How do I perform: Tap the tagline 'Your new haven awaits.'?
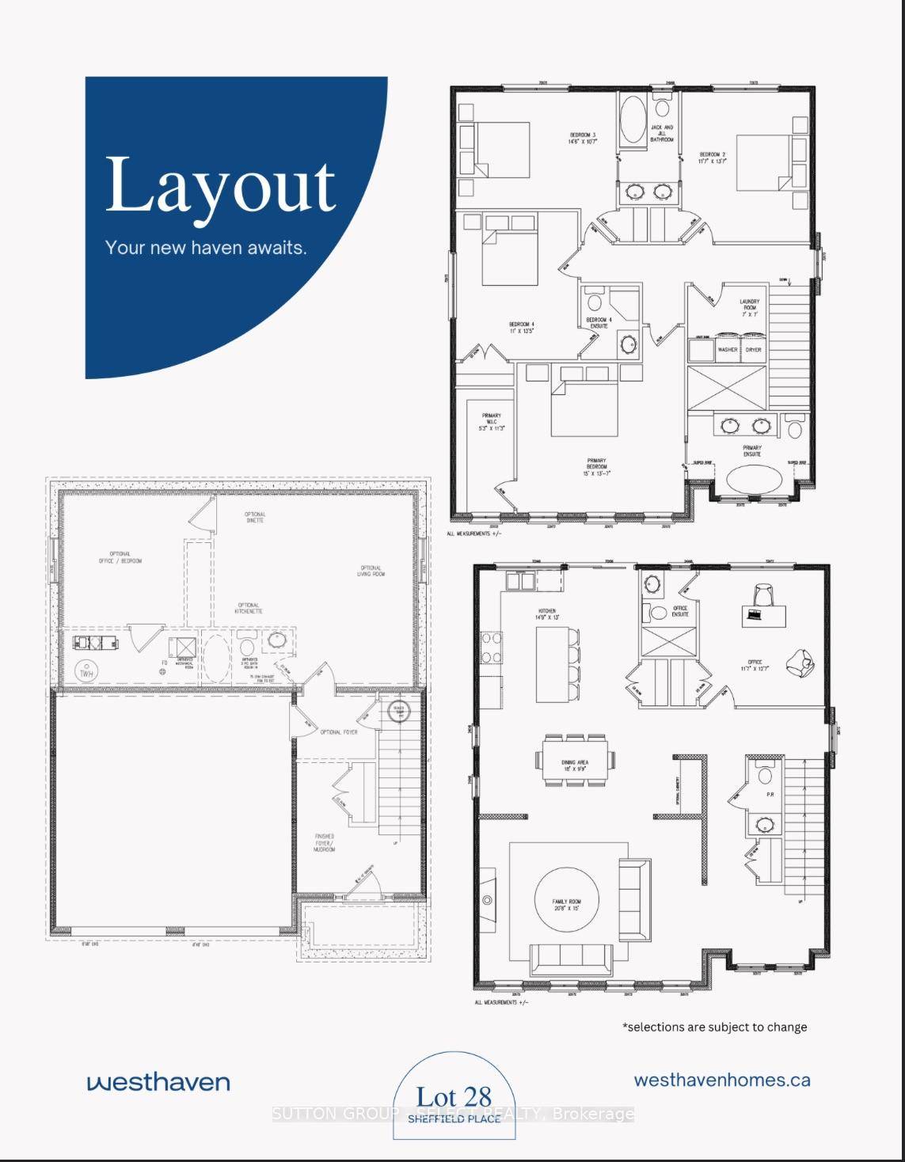click(x=206, y=248)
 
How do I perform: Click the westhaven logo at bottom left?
click(x=158, y=1082)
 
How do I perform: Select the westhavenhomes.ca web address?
click(x=722, y=1080)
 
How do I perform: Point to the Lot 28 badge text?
click(x=454, y=1097)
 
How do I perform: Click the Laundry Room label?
click(x=749, y=308)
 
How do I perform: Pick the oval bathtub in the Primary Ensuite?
click(x=753, y=479)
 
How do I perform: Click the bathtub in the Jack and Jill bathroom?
click(x=632, y=120)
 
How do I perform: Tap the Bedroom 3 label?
click(x=582, y=139)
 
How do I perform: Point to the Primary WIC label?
click(x=491, y=421)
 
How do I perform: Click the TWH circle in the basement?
click(x=84, y=672)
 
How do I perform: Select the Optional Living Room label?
click(x=371, y=571)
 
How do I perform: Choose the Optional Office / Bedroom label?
click(x=126, y=557)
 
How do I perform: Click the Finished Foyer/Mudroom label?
click(x=324, y=842)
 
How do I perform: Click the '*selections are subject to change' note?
click(x=715, y=1027)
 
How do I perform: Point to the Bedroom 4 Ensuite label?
click(x=599, y=323)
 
